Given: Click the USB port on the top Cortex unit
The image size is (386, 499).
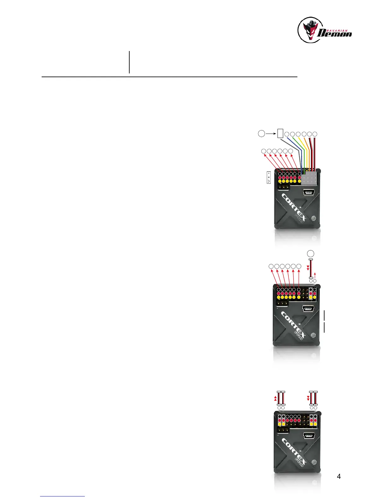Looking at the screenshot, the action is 308,192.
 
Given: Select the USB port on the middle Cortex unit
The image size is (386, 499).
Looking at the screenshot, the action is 308,308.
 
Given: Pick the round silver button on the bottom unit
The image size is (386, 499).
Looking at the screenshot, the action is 314,462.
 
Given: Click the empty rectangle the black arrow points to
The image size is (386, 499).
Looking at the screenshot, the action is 280,134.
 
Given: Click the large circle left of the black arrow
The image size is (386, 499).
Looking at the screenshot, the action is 261,134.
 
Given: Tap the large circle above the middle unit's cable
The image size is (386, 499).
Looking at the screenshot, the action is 311,253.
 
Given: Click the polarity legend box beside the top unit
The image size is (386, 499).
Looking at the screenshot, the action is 269,177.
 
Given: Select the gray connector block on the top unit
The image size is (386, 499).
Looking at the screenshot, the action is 309,179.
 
